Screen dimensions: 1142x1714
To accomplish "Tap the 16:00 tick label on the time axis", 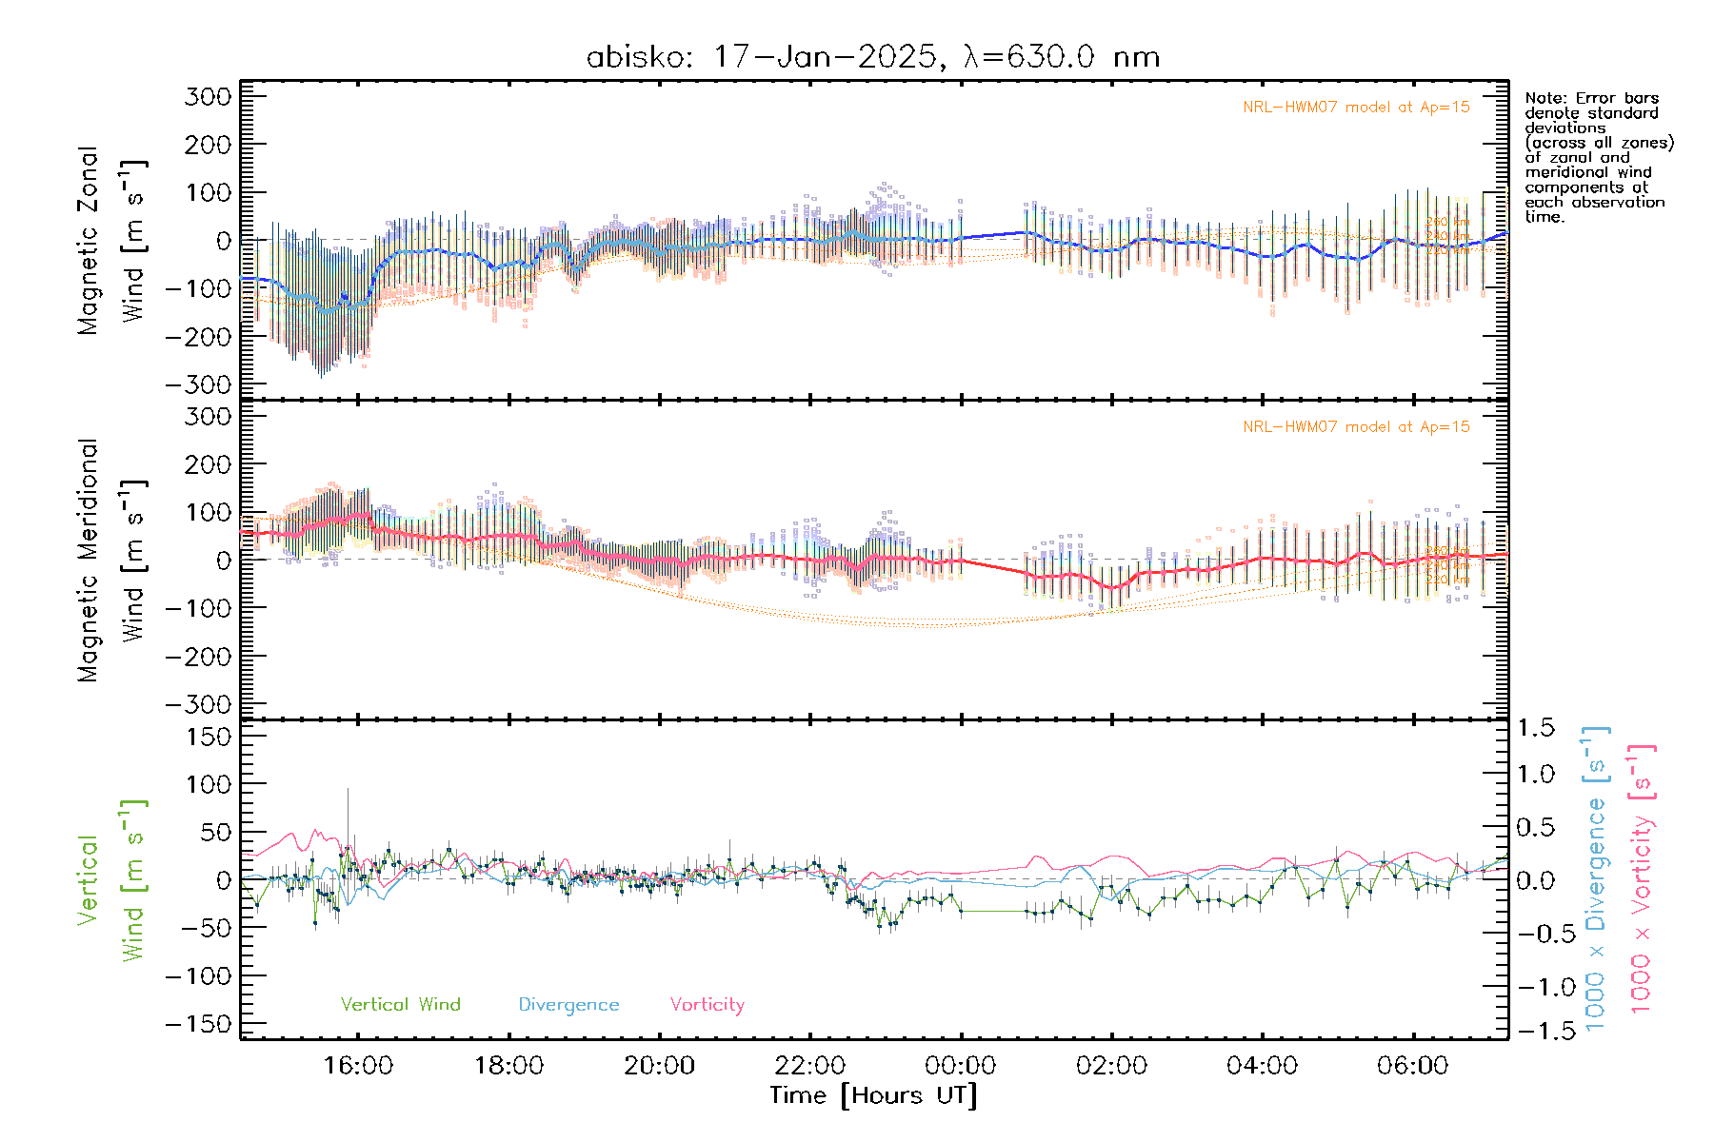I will [358, 1065].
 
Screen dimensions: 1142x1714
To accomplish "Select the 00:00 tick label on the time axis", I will [961, 1065].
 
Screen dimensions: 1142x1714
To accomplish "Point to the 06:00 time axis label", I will [1412, 1065].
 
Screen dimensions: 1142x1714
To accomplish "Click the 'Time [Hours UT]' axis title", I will [873, 1095].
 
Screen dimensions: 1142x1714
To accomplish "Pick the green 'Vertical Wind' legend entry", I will [400, 1004].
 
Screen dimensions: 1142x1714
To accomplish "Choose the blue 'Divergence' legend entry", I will [568, 1004].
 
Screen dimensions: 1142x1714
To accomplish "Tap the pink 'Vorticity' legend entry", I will [707, 1004].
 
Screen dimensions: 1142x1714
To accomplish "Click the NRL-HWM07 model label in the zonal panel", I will [1356, 108].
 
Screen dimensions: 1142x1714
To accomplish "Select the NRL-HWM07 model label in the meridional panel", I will [1356, 427].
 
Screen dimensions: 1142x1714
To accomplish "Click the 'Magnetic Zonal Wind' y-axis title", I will [112, 241].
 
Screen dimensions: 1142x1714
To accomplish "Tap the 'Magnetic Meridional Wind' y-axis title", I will [112, 561].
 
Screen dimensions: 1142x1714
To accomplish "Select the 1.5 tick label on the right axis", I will [1535, 728].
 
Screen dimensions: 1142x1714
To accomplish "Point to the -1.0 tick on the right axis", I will [1535, 987].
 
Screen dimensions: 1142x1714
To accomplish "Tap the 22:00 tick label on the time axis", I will [810, 1065].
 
